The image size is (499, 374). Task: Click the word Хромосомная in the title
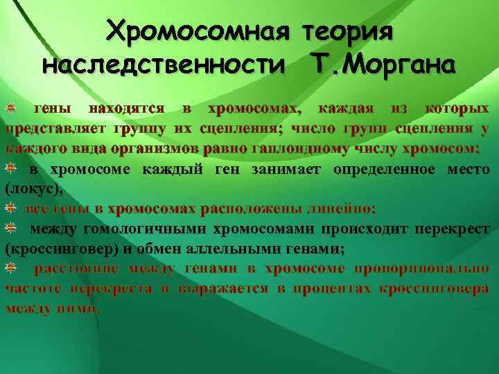click(x=201, y=31)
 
